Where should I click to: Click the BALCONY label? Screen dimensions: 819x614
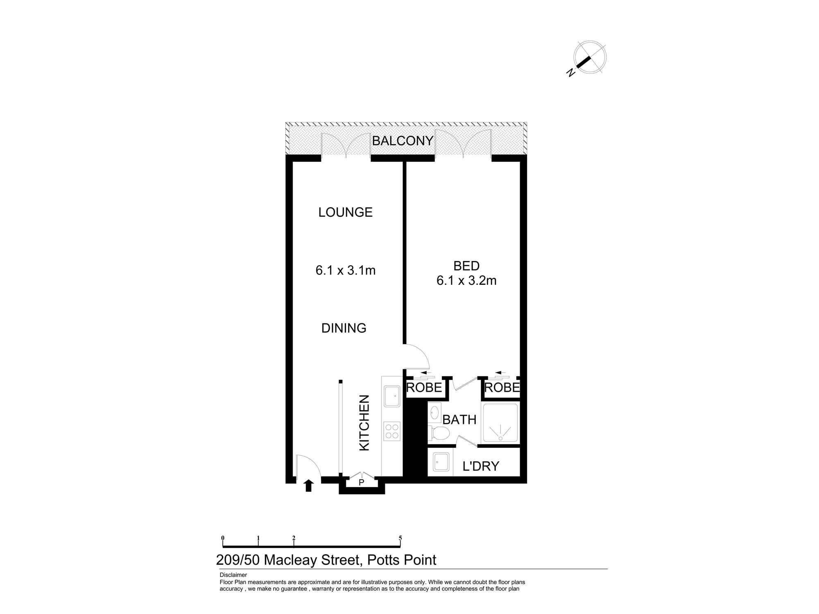[403, 141]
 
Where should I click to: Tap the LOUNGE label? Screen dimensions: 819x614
[346, 212]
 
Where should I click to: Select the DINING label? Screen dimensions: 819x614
[344, 328]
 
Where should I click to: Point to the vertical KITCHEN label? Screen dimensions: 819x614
[364, 423]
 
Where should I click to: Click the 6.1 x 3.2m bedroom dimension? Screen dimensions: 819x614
[466, 280]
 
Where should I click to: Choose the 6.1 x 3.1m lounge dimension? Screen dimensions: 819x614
[346, 270]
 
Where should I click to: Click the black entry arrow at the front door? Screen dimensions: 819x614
[309, 485]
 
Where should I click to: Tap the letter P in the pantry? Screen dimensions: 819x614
[361, 483]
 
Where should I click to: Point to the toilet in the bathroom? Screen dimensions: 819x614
[439, 433]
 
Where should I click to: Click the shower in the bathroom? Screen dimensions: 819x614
[500, 423]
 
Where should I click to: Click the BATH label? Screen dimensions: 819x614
[459, 420]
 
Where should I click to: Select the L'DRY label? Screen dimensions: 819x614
[481, 466]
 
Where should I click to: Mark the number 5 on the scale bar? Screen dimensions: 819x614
[400, 538]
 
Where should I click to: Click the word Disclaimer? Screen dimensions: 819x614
[233, 575]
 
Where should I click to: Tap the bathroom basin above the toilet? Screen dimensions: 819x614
[434, 412]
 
